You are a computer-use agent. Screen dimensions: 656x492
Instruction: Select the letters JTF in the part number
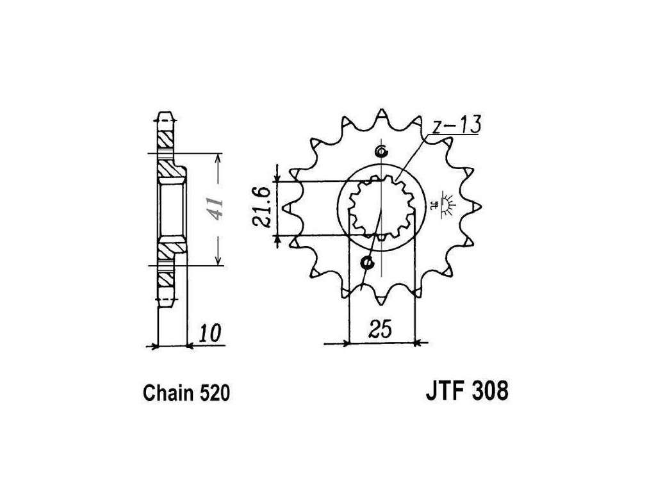(x=443, y=390)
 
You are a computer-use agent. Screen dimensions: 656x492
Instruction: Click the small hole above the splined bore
(x=382, y=152)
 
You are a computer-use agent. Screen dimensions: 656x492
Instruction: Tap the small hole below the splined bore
(x=367, y=261)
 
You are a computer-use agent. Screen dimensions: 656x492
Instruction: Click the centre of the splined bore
(x=381, y=207)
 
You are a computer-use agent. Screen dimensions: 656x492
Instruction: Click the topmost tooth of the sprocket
(x=382, y=113)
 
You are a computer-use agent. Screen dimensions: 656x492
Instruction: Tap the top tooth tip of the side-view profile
(x=167, y=115)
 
